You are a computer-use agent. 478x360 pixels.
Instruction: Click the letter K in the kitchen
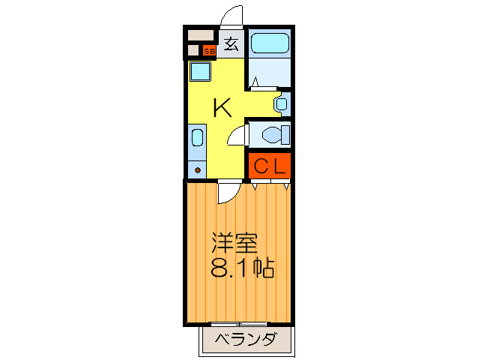tap(222, 108)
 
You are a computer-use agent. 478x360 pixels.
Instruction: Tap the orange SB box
tap(209, 51)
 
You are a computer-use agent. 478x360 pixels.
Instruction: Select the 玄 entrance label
tap(231, 44)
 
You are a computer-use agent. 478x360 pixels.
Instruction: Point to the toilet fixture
tap(273, 135)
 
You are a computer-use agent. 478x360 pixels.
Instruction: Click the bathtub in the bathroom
tap(269, 43)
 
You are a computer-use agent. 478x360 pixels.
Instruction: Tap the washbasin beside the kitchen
tap(280, 103)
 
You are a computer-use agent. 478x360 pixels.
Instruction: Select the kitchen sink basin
tap(196, 137)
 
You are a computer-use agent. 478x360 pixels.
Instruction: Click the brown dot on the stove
tap(197, 169)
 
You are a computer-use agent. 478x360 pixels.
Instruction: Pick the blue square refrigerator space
tap(200, 73)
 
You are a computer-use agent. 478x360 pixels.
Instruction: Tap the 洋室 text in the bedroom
tap(235, 244)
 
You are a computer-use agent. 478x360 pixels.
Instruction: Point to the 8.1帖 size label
tap(241, 268)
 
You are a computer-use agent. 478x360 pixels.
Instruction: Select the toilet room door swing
tap(238, 135)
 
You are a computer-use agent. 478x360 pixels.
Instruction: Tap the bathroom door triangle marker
tap(254, 88)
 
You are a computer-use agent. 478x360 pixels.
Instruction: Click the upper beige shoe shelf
tap(201, 35)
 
